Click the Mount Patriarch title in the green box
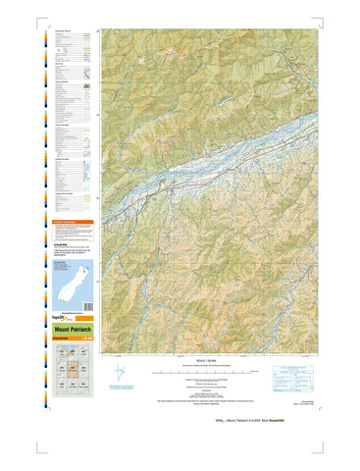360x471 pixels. [73, 329]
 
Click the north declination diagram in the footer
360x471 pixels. [120, 374]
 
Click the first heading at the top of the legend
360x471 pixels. [65, 29]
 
